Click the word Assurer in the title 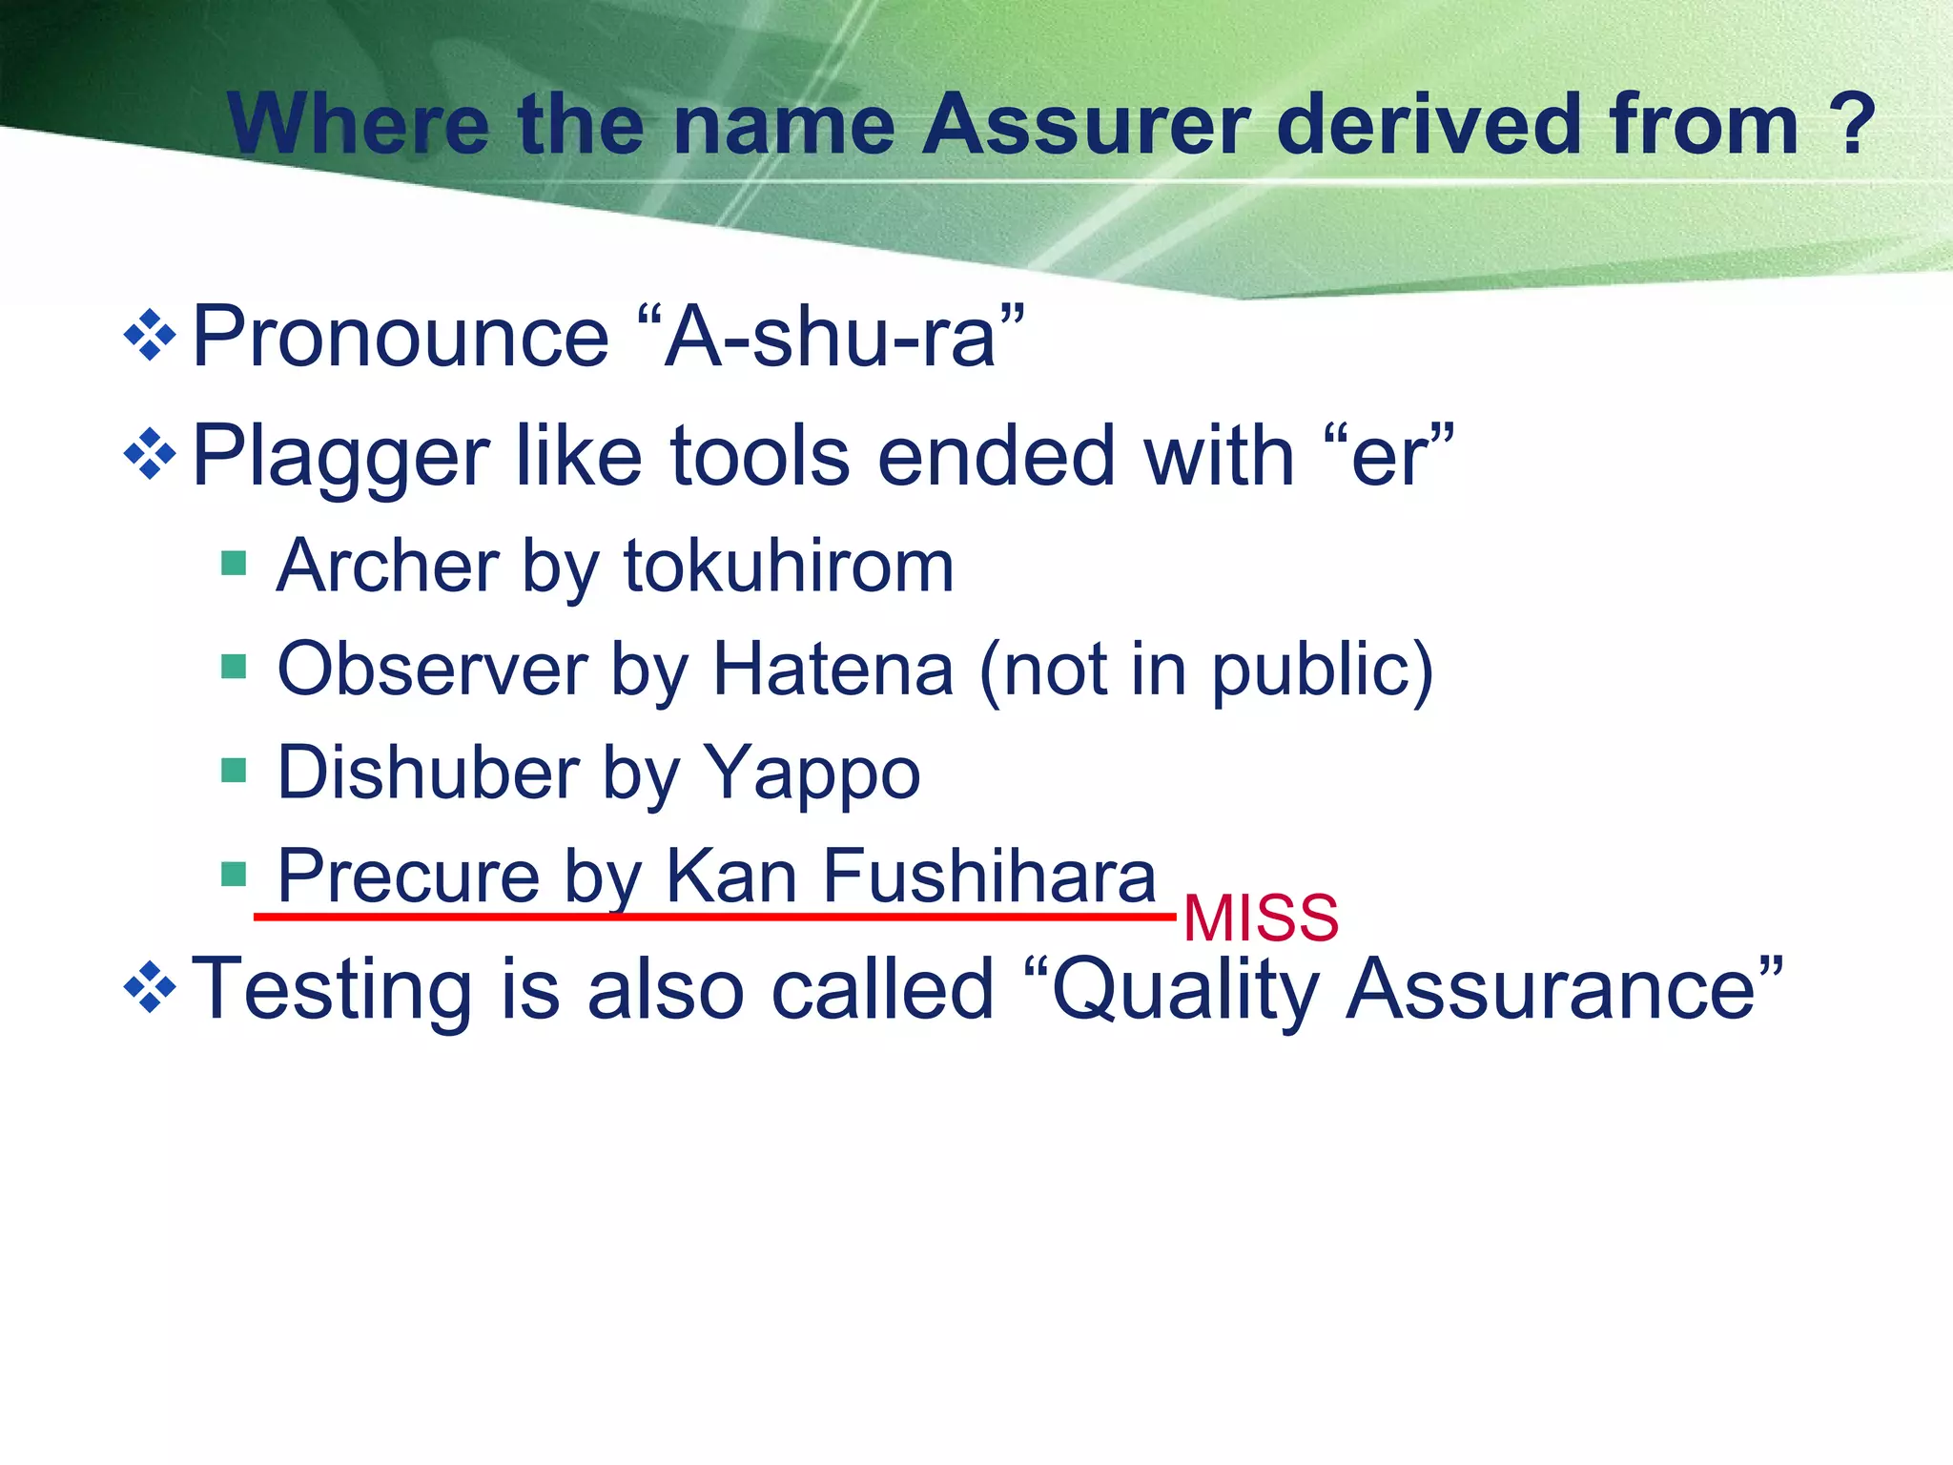pyautogui.click(x=1087, y=125)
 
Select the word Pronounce pyautogui.click(x=401, y=337)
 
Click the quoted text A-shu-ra pyautogui.click(x=829, y=337)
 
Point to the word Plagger pyautogui.click(x=340, y=457)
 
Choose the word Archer pyautogui.click(x=387, y=567)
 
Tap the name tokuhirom pyautogui.click(x=789, y=567)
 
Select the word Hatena pyautogui.click(x=833, y=670)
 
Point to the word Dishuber pyautogui.click(x=428, y=773)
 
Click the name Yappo pyautogui.click(x=812, y=773)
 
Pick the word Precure pyautogui.click(x=409, y=876)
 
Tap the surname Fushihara pyautogui.click(x=989, y=876)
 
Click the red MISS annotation pyautogui.click(x=1261, y=918)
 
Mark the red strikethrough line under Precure pyautogui.click(x=715, y=917)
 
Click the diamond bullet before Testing pyautogui.click(x=151, y=988)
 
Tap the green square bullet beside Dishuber pyautogui.click(x=234, y=770)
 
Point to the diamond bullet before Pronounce pyautogui.click(x=151, y=336)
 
